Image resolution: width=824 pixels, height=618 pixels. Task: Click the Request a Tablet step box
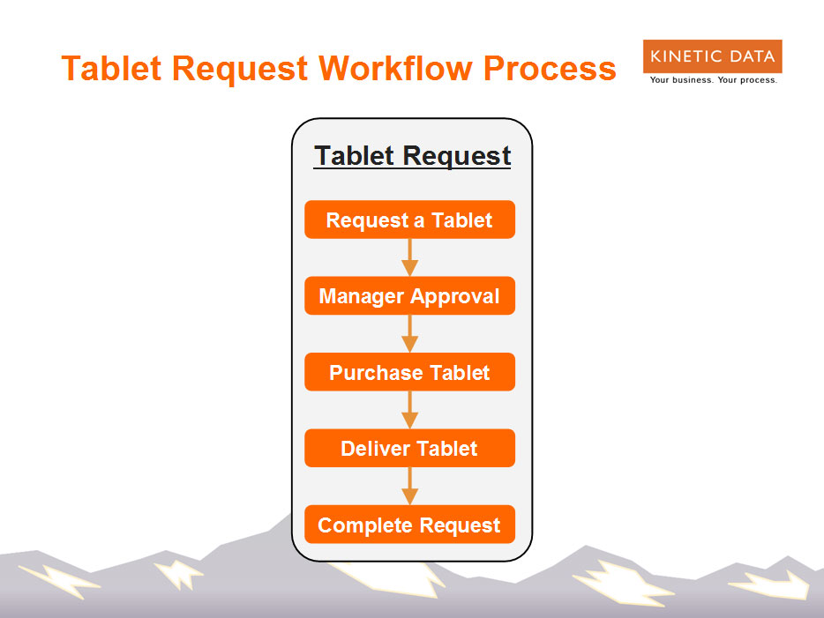(x=410, y=220)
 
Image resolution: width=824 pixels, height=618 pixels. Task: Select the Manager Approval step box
(x=410, y=295)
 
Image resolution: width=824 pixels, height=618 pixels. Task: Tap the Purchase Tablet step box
(x=410, y=372)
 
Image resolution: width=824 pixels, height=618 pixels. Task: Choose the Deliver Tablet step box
(x=410, y=448)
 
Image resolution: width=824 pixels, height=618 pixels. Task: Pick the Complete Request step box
(x=410, y=524)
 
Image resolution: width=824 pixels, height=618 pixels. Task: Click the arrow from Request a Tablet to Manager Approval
(x=410, y=257)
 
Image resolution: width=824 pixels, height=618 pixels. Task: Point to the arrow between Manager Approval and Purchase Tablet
(x=410, y=333)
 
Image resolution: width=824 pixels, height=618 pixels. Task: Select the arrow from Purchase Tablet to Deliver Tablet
(x=410, y=410)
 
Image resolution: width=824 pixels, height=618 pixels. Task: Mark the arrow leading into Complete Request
(x=410, y=486)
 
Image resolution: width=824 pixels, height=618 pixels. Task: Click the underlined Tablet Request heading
(x=412, y=156)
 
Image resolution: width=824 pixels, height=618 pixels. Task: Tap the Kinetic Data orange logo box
(x=713, y=56)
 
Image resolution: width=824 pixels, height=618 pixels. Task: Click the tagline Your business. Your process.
(x=714, y=80)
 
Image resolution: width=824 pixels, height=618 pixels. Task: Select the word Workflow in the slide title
(x=396, y=68)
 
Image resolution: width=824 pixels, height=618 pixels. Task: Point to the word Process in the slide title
(x=550, y=68)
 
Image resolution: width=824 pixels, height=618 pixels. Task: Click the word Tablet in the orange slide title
(x=111, y=68)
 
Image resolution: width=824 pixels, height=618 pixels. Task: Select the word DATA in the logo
(x=752, y=56)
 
